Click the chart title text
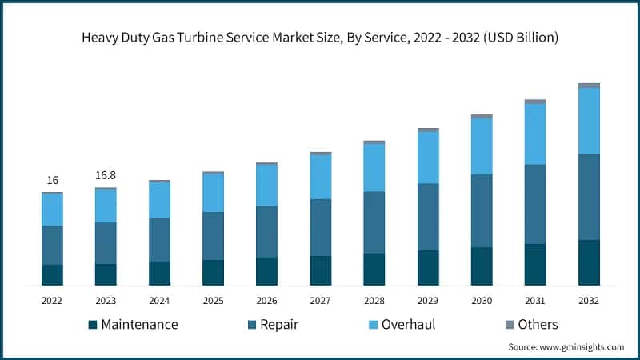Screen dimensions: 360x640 320,38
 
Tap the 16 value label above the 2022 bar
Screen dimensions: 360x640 52,180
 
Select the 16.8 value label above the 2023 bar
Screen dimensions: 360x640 106,175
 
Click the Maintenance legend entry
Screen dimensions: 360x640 132,324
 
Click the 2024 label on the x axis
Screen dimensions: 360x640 159,301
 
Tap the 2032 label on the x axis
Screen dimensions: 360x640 589,301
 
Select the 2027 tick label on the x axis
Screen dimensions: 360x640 320,301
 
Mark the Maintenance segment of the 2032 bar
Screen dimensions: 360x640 589,262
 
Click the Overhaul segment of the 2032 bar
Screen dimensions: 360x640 589,120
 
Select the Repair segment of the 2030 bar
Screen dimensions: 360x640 482,210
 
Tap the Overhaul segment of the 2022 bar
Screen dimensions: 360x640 52,210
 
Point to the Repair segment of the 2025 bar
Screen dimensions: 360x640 213,235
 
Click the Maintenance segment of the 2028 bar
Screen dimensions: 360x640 374,269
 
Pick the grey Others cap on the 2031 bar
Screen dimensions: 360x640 535,102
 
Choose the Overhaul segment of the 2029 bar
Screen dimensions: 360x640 428,157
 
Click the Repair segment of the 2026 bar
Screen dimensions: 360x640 266,231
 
